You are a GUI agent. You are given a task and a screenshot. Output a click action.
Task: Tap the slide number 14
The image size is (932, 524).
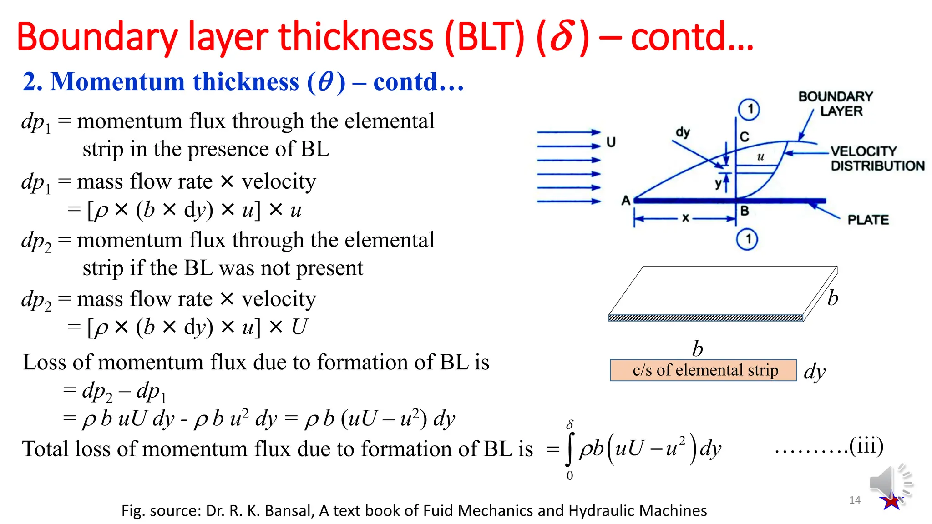(x=855, y=500)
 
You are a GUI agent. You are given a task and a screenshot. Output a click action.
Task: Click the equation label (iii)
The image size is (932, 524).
(x=866, y=446)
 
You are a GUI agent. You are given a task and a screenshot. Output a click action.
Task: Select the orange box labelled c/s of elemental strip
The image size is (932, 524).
(x=703, y=370)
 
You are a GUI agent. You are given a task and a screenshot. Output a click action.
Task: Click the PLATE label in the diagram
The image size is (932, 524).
(x=868, y=220)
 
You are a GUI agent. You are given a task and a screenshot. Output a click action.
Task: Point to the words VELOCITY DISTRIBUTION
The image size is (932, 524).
(x=877, y=158)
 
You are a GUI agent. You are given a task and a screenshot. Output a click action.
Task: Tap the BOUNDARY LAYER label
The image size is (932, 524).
(x=836, y=104)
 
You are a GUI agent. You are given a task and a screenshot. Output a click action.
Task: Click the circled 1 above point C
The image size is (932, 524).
(x=749, y=109)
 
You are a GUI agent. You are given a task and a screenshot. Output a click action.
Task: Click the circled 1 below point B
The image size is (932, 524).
(x=747, y=239)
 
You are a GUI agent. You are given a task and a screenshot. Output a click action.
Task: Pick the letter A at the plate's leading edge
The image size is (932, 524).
(x=626, y=200)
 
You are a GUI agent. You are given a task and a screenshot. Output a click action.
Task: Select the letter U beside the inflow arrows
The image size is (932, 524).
(x=611, y=142)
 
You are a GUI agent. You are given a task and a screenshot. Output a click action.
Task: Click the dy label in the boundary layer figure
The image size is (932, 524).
(x=683, y=132)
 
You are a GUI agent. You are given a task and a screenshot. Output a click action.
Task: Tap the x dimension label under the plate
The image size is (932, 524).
(x=685, y=218)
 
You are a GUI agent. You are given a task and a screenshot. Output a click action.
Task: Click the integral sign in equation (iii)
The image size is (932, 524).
(x=569, y=449)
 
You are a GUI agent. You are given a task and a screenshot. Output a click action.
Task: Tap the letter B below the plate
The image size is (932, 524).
(x=745, y=211)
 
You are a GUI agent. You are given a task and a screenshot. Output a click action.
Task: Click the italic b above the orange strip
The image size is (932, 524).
(x=697, y=349)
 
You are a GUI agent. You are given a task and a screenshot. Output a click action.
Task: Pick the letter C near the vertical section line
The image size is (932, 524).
(x=745, y=136)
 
